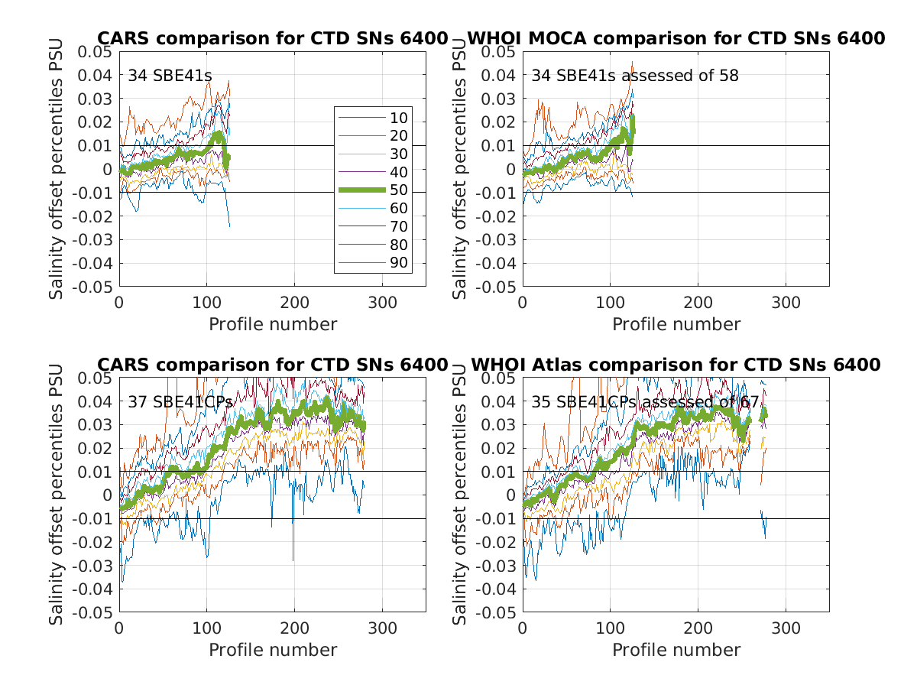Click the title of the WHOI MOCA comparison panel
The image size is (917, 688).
click(x=676, y=39)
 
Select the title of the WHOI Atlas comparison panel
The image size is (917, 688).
click(x=676, y=365)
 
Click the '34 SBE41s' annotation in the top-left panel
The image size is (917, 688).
click(x=170, y=76)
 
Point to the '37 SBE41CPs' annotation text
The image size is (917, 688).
click(x=180, y=401)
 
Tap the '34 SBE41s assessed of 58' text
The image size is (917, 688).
click(x=635, y=76)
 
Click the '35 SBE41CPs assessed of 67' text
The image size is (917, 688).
click(x=649, y=401)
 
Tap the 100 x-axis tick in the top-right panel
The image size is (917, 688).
click(x=610, y=302)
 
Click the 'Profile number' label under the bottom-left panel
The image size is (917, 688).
click(x=273, y=650)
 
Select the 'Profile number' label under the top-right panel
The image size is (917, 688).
click(x=676, y=324)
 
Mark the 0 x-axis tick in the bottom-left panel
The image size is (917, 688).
click(x=119, y=628)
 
